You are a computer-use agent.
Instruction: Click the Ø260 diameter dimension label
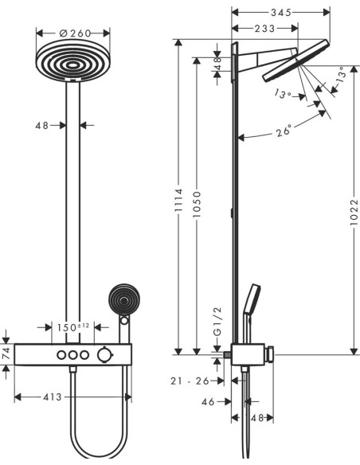(75, 33)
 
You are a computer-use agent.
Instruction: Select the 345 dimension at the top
(281, 12)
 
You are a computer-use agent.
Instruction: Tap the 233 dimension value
(264, 29)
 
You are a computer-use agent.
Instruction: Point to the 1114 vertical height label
(178, 200)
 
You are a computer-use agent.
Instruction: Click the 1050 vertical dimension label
(197, 205)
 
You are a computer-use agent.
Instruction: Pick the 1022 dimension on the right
(354, 213)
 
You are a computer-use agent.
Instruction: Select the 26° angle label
(284, 131)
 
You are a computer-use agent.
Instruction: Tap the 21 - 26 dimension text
(190, 381)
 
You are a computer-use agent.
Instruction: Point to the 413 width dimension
(53, 397)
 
